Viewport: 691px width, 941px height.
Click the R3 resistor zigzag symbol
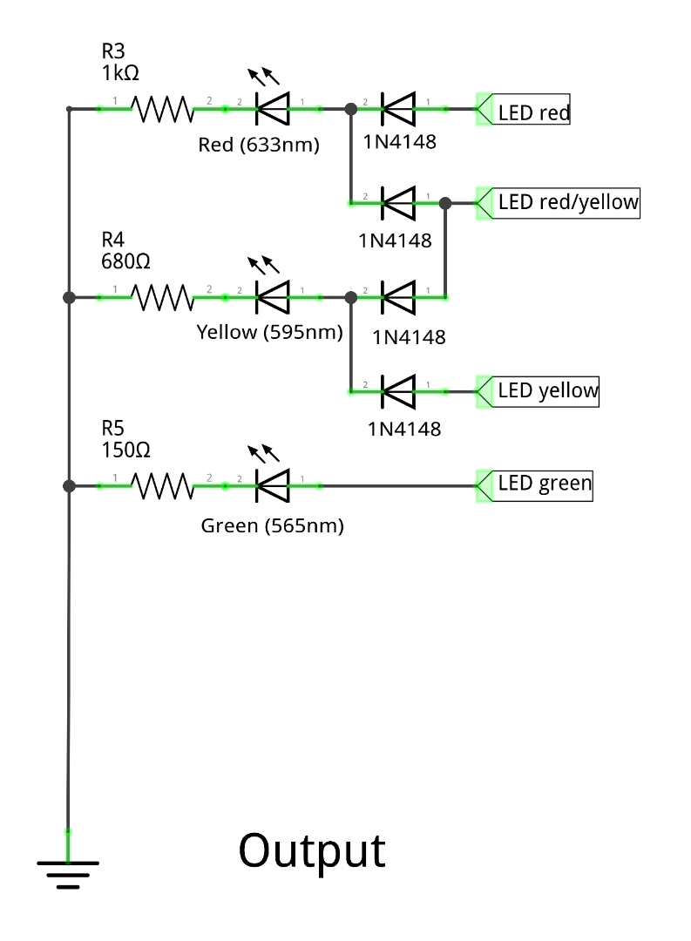pyautogui.click(x=161, y=109)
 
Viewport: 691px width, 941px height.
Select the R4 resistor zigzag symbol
pyautogui.click(x=161, y=297)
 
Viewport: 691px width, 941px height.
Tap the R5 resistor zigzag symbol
pyautogui.click(x=161, y=485)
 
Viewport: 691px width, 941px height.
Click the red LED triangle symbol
pyautogui.click(x=272, y=109)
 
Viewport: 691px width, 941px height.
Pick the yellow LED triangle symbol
pyautogui.click(x=272, y=297)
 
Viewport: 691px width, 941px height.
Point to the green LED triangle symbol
pyautogui.click(x=272, y=485)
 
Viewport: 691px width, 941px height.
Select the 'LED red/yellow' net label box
pyautogui.click(x=567, y=202)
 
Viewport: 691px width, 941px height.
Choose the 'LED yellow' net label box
pyautogui.click(x=547, y=390)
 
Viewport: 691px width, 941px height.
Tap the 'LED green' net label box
pyautogui.click(x=544, y=484)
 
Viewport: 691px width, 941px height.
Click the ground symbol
pyautogui.click(x=68, y=872)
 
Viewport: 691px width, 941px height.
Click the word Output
pyautogui.click(x=311, y=851)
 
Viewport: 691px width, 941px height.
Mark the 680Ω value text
pyautogui.click(x=127, y=261)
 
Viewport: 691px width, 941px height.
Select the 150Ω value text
pyautogui.click(x=127, y=450)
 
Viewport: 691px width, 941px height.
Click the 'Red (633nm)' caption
pyautogui.click(x=259, y=145)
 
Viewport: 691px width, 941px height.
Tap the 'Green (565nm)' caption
pyautogui.click(x=272, y=525)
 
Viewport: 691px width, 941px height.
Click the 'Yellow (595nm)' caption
pyautogui.click(x=270, y=332)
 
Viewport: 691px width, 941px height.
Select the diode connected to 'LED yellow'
pyautogui.click(x=397, y=391)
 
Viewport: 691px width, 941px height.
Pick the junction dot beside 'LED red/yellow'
pyautogui.click(x=445, y=203)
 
